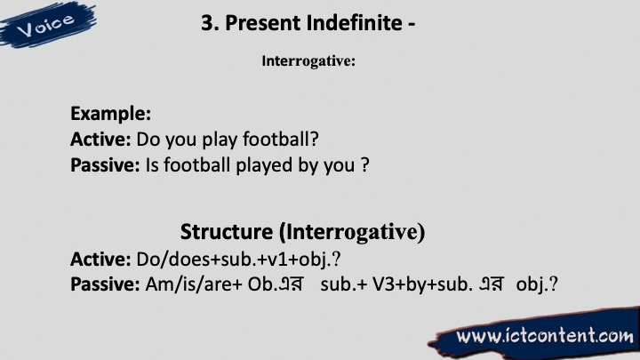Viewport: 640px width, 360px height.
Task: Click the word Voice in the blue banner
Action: [45, 25]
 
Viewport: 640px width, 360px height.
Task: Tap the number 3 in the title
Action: [207, 23]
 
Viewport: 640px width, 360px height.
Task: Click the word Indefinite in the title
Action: [355, 22]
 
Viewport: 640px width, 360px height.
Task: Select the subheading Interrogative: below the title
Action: [308, 61]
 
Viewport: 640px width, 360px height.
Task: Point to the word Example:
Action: [110, 114]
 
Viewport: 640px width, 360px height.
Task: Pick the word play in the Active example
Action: [220, 140]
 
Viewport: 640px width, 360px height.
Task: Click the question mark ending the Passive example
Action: [365, 165]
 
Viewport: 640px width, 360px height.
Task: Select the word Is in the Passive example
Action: [152, 165]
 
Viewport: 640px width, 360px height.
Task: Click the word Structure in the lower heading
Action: [227, 232]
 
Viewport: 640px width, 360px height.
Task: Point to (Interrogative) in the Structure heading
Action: [352, 233]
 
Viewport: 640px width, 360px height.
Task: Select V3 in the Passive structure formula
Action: [383, 284]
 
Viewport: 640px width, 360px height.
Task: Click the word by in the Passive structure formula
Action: [416, 285]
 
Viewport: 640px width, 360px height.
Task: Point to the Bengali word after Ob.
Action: [291, 284]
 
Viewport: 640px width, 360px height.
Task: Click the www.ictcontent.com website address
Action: [545, 336]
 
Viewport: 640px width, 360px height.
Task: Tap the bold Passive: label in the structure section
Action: [105, 284]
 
